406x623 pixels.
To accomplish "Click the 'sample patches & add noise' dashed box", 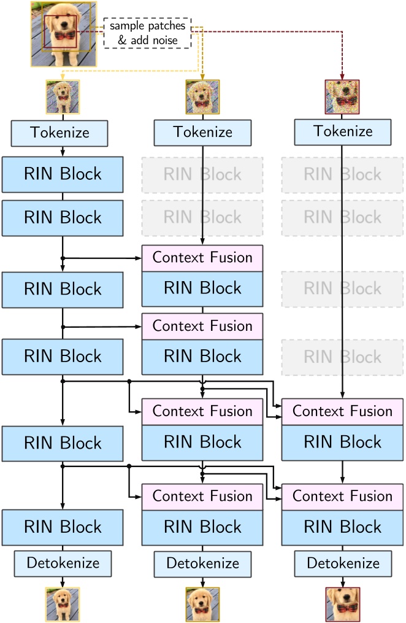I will click(x=147, y=33).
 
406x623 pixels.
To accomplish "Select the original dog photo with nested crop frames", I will click(x=63, y=34).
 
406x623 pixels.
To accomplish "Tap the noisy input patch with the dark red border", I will click(x=342, y=97).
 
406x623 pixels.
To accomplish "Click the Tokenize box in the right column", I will click(x=342, y=131).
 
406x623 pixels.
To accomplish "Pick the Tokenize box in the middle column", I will click(x=202, y=133).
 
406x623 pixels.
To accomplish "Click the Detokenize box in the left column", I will click(x=63, y=563).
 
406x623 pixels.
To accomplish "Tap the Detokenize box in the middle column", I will click(x=202, y=563).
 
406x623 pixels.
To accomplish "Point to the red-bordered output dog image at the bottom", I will click(x=342, y=604).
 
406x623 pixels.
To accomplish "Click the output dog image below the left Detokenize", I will click(x=63, y=604).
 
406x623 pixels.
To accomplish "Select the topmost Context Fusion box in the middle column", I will click(x=202, y=258).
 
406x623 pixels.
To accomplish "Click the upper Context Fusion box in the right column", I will click(x=342, y=411).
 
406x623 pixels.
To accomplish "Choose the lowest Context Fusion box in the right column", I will click(x=342, y=496).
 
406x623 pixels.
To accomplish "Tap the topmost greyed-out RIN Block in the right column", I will click(x=342, y=175).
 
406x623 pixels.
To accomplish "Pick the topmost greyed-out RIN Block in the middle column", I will click(x=202, y=175).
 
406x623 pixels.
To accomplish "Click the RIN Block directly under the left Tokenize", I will click(x=63, y=174).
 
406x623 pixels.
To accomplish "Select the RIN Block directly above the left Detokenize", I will click(x=63, y=527).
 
